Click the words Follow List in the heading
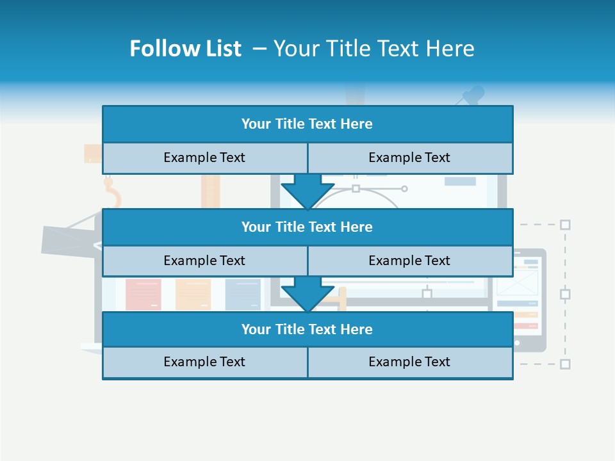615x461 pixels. click(x=185, y=49)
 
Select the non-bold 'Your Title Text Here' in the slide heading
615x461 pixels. click(x=373, y=49)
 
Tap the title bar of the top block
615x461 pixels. click(x=307, y=124)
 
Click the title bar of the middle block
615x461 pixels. click(x=307, y=227)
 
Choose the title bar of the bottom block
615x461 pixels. click(x=307, y=329)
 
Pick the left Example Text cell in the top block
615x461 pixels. click(x=204, y=158)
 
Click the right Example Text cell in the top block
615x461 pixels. click(x=409, y=158)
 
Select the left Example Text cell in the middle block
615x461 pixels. click(x=204, y=261)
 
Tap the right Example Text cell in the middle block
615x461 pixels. click(x=409, y=261)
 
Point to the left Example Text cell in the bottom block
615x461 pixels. click(x=204, y=362)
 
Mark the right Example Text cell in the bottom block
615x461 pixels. click(x=409, y=362)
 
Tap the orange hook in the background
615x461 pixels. click(x=113, y=193)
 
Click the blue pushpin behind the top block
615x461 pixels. click(x=473, y=96)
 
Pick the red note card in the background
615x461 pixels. click(x=143, y=295)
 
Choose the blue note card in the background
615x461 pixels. click(x=242, y=295)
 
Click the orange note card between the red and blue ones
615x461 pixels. click(x=193, y=295)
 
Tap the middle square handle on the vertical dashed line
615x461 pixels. click(x=565, y=295)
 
